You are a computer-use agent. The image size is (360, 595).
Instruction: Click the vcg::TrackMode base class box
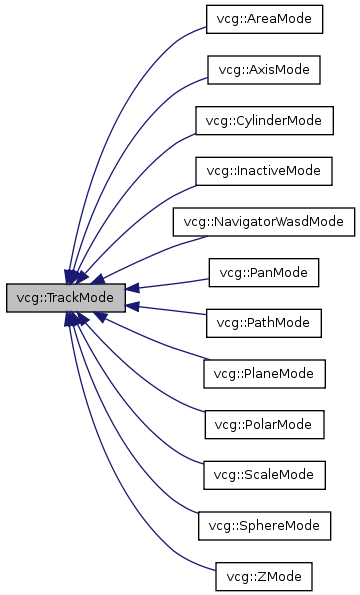pos(66,297)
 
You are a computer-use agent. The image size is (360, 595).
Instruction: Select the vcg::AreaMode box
pos(264,19)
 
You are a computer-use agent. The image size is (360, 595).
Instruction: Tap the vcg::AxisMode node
pos(264,70)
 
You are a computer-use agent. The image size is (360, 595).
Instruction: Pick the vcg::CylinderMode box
pos(264,120)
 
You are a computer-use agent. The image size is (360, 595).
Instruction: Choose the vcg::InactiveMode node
pos(264,171)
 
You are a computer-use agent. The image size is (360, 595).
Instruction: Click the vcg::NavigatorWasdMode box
pos(264,221)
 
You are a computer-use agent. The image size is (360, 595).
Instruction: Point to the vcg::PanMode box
pos(264,272)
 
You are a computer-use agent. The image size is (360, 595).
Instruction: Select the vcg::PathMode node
pos(264,323)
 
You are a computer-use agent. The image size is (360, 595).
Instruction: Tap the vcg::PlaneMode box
pos(264,373)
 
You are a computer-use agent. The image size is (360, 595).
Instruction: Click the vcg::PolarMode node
pos(264,424)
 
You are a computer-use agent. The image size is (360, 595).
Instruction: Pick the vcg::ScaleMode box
pos(264,474)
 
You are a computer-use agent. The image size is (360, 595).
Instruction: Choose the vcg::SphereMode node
pos(264,525)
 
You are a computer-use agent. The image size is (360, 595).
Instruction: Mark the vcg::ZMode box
pos(264,576)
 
